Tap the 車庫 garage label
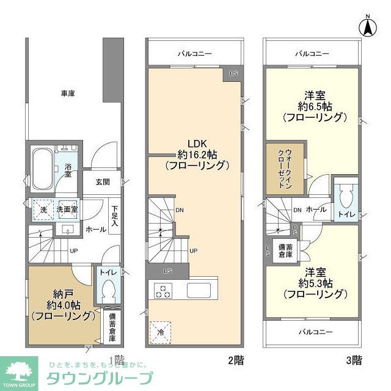(x=67, y=93)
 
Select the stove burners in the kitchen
(x=164, y=291)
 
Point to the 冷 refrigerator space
(x=161, y=332)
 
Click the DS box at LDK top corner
(x=233, y=73)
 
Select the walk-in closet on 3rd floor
(x=284, y=169)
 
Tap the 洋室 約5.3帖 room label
(x=315, y=283)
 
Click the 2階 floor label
(x=235, y=360)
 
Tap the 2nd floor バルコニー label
(x=194, y=54)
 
